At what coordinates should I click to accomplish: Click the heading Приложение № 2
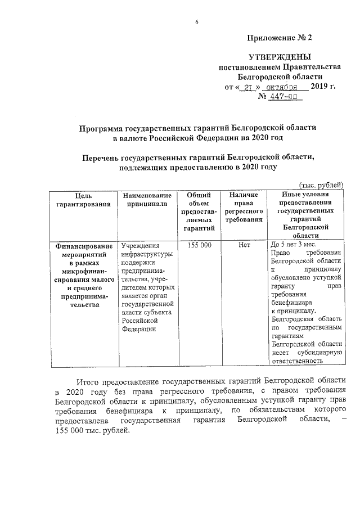279,38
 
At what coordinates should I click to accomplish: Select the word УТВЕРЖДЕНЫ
280,57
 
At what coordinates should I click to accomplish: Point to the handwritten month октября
282,87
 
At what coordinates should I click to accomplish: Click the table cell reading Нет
244,246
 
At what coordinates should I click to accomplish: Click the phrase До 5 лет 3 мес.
293,246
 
